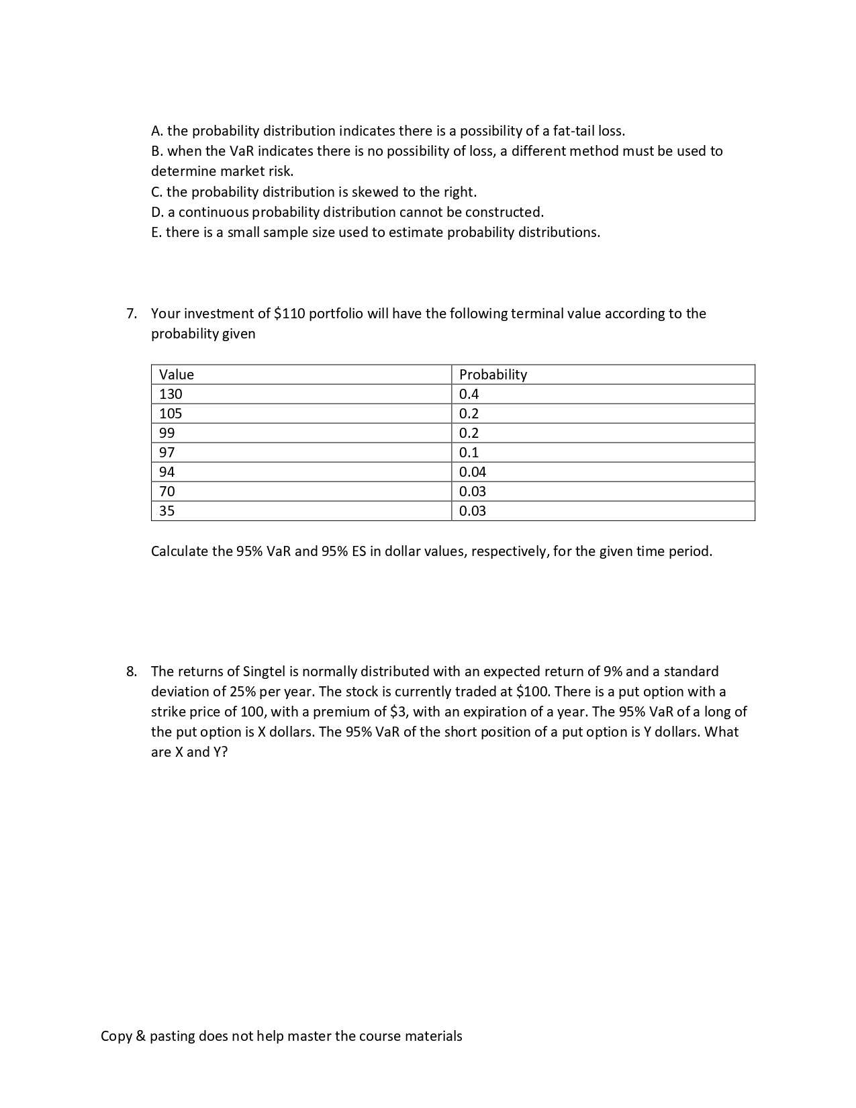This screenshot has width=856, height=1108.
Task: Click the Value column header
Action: (177, 375)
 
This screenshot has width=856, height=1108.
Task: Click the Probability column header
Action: (493, 375)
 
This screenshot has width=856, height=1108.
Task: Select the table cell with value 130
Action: (171, 394)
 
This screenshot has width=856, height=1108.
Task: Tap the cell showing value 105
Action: (171, 414)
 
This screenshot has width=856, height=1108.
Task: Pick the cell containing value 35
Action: (167, 511)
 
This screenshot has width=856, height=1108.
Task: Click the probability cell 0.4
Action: (469, 394)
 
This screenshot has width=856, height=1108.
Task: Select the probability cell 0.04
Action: (472, 472)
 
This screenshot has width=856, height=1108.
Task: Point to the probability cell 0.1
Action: (469, 453)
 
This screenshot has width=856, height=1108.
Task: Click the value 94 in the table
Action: (167, 472)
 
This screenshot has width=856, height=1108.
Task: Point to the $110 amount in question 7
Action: (289, 314)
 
